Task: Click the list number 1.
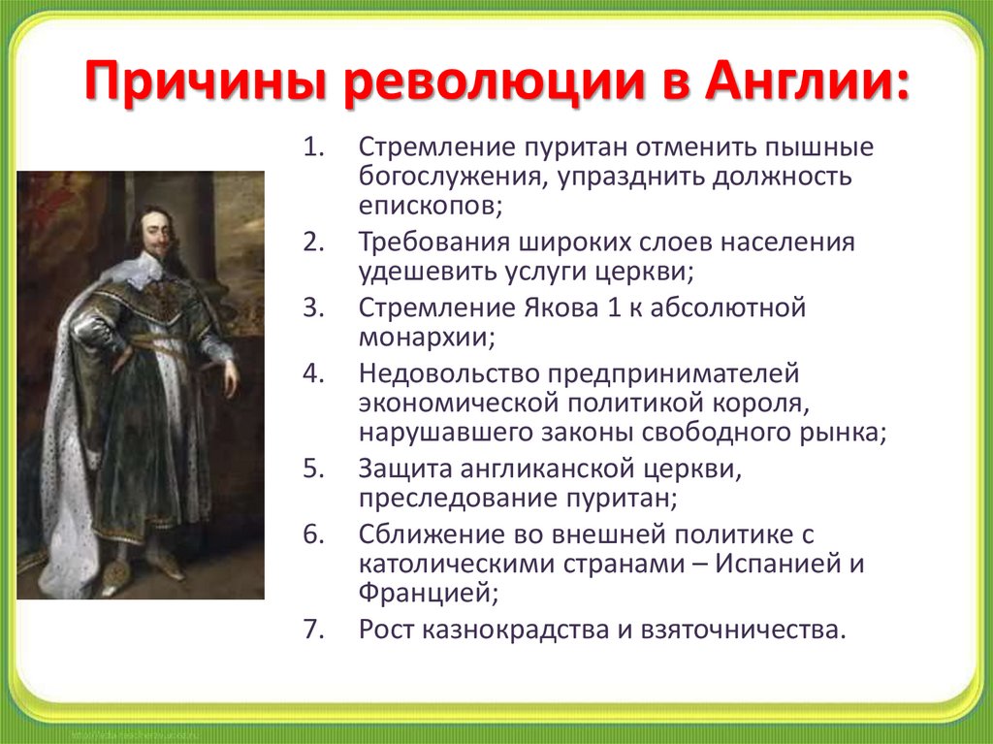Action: click(314, 147)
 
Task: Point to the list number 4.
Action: click(314, 373)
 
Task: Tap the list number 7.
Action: click(314, 630)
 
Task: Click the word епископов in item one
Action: click(430, 206)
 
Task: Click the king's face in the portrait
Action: click(156, 232)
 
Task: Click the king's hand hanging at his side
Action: click(231, 377)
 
